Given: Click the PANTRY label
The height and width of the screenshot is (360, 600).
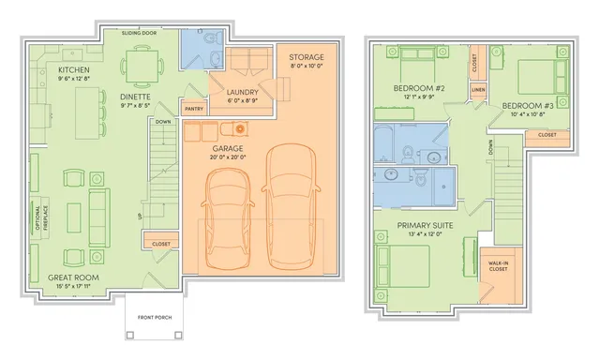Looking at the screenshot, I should pyautogui.click(x=193, y=108).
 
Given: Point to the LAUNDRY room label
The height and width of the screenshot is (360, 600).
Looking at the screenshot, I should pyautogui.click(x=242, y=91).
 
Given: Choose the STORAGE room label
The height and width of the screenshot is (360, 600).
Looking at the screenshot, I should pyautogui.click(x=307, y=57).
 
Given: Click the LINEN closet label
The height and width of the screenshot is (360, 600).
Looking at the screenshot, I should pyautogui.click(x=478, y=90).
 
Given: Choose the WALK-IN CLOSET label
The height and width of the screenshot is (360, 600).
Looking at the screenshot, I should pyautogui.click(x=498, y=264).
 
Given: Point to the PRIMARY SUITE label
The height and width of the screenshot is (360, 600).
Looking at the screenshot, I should pyautogui.click(x=427, y=225).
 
